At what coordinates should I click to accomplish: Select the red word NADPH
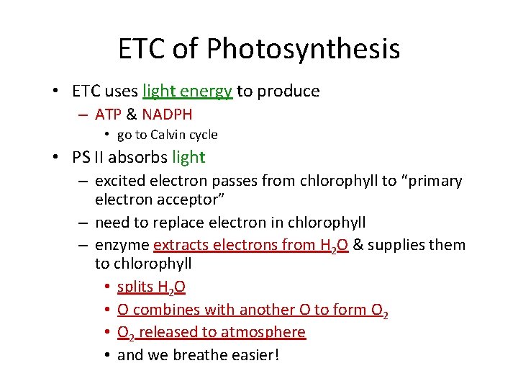coord(167,114)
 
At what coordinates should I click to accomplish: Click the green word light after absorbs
coord(188,156)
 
